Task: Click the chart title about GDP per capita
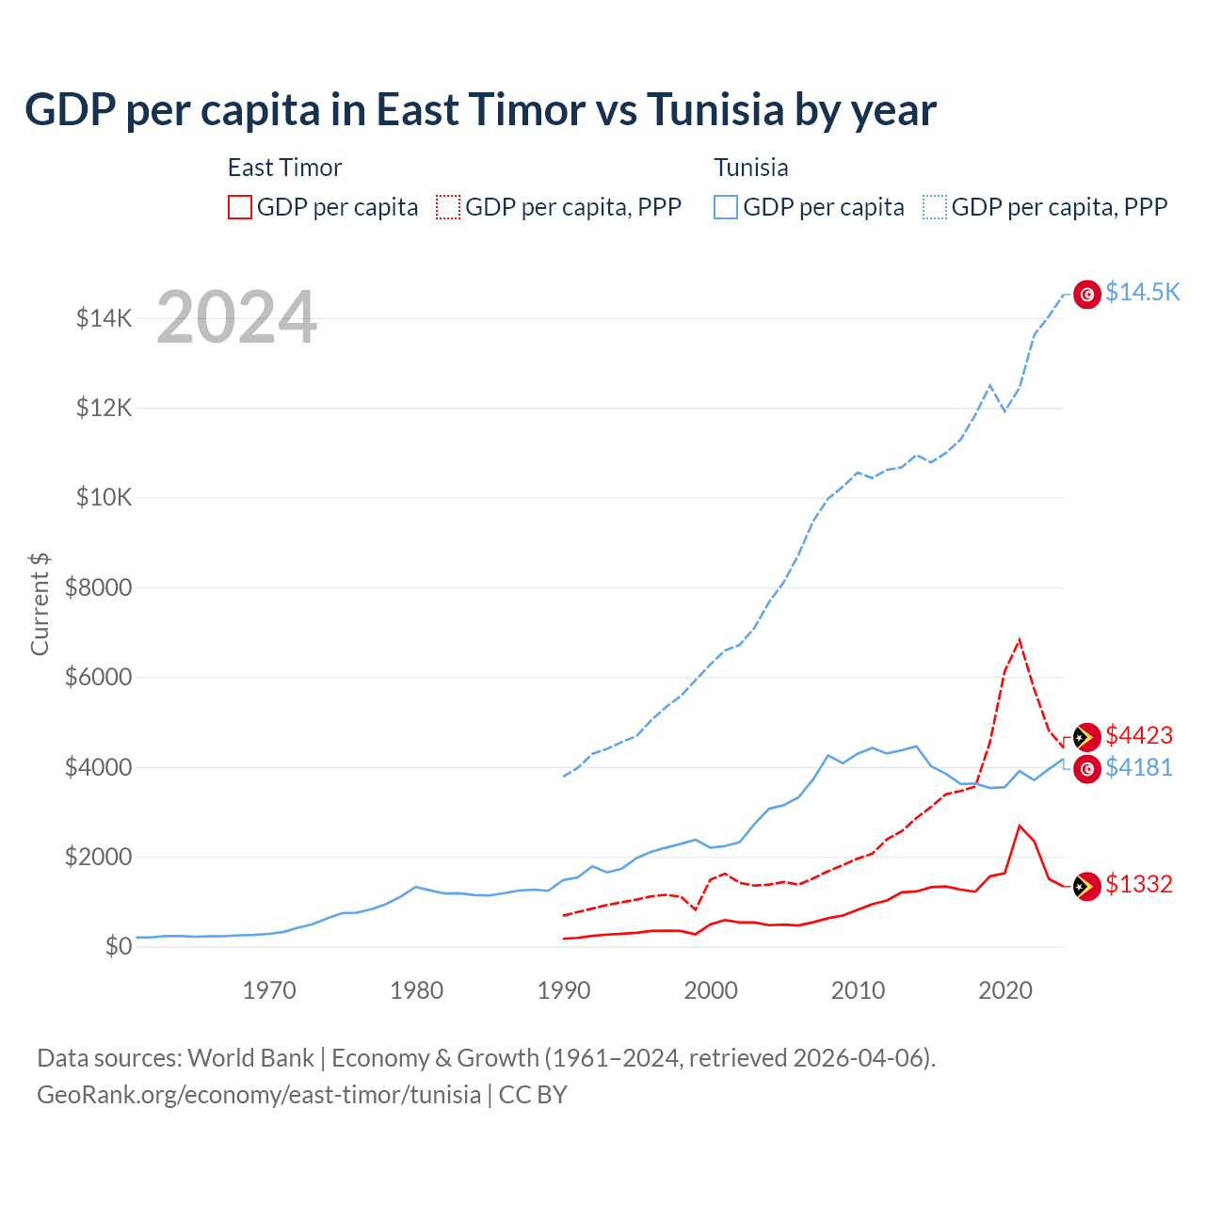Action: pyautogui.click(x=480, y=110)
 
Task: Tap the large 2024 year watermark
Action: pyautogui.click(x=236, y=317)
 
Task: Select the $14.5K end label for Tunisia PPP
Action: pyautogui.click(x=1142, y=292)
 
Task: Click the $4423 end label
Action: pyautogui.click(x=1139, y=735)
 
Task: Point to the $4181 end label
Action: pyautogui.click(x=1139, y=768)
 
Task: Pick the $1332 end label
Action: pyautogui.click(x=1139, y=884)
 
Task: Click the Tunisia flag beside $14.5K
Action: pyautogui.click(x=1087, y=295)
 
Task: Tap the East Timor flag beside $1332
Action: pyautogui.click(x=1087, y=886)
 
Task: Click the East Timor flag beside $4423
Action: pyautogui.click(x=1087, y=737)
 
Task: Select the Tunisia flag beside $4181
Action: pyautogui.click(x=1087, y=769)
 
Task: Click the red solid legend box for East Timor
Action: pyautogui.click(x=240, y=207)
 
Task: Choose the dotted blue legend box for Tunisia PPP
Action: pyautogui.click(x=935, y=207)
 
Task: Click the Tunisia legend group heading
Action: pyautogui.click(x=751, y=168)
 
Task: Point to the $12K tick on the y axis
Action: pyautogui.click(x=104, y=409)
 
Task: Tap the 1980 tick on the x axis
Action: pyautogui.click(x=417, y=990)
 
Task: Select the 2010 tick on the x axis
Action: pyautogui.click(x=859, y=990)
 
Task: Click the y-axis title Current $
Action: pyautogui.click(x=40, y=603)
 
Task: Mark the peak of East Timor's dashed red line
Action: pyautogui.click(x=1020, y=640)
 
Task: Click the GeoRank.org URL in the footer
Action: pyautogui.click(x=259, y=1095)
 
